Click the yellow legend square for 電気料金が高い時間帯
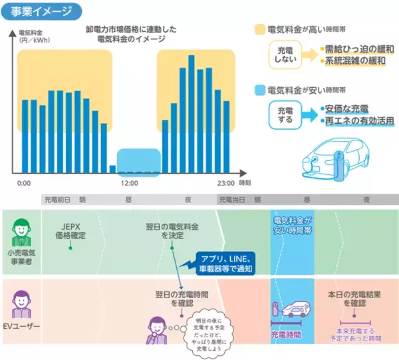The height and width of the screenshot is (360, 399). (x=259, y=31)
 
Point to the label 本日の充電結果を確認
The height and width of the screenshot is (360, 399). (x=355, y=297)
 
